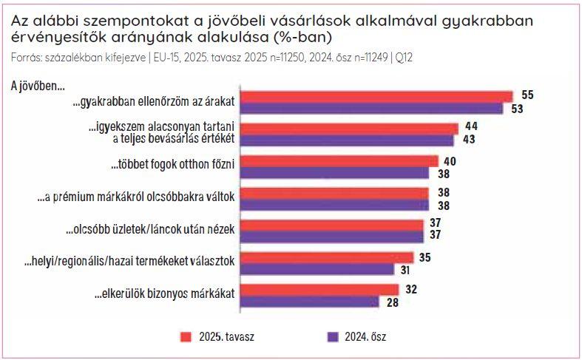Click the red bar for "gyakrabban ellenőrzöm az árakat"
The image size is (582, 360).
377,96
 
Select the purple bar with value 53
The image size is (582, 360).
373,108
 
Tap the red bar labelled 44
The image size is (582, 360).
351,129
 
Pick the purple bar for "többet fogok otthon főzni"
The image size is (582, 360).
336,173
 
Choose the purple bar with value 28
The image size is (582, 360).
311,302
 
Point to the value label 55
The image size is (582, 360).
528,95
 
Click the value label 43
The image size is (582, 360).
470,140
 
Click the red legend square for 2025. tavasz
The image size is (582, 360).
186,337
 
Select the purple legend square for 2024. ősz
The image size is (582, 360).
333,337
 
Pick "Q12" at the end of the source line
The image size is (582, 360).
404,58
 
